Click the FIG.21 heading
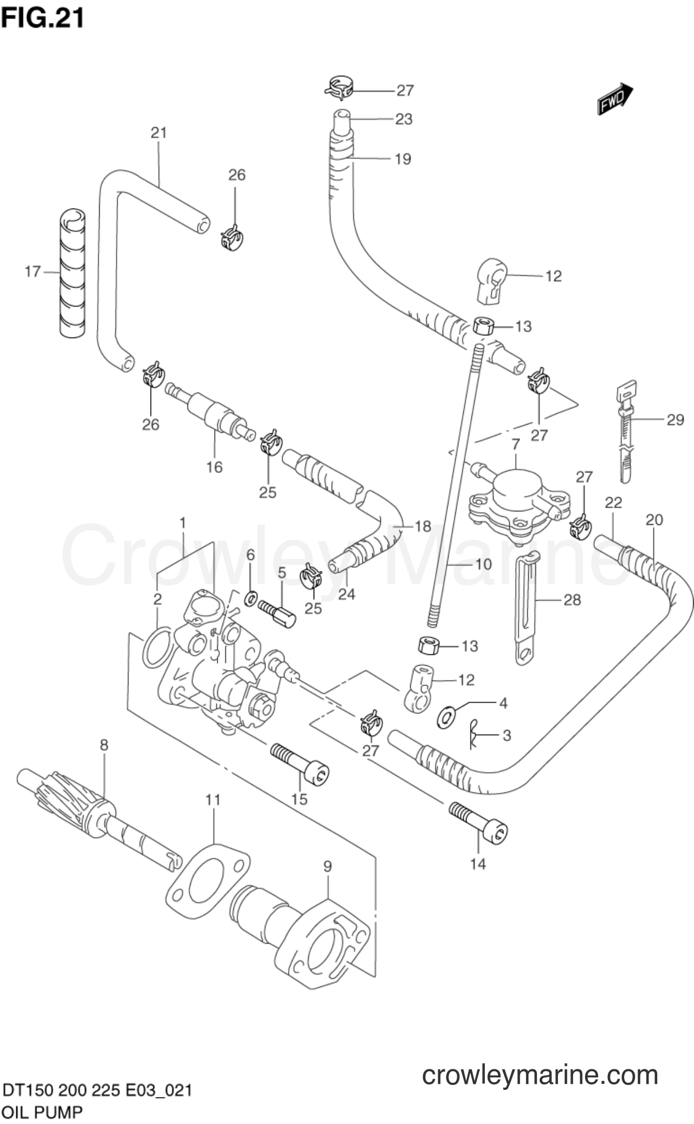point(43,17)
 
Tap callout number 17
point(33,271)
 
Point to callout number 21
point(159,132)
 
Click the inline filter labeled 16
point(211,414)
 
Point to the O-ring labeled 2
point(158,647)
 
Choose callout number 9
point(327,866)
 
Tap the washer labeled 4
point(446,717)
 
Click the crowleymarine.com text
point(540,1075)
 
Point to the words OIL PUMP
point(43,1113)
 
